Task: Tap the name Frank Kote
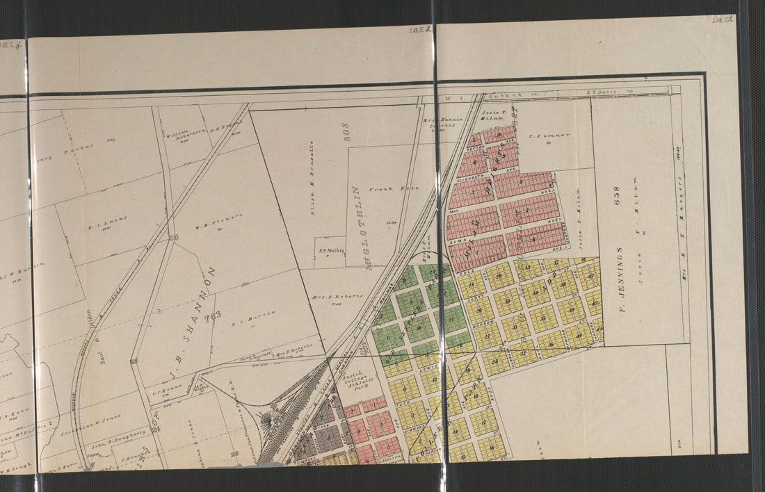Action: tap(382, 188)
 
